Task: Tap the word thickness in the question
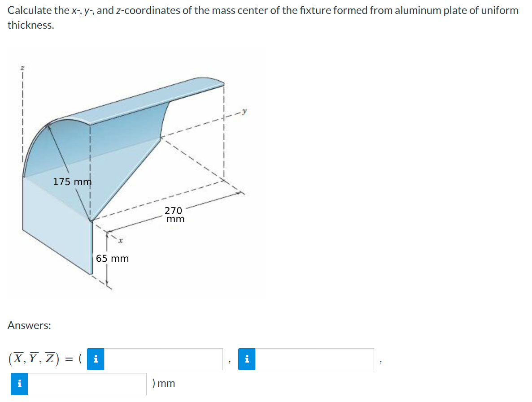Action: coord(30,26)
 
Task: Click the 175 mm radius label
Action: coord(72,182)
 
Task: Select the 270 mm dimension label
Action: coord(174,214)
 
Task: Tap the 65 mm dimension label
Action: coord(112,259)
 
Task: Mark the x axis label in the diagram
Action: coord(120,241)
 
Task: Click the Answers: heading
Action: coord(29,325)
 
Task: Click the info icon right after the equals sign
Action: coord(96,359)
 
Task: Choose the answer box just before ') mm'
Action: coord(87,384)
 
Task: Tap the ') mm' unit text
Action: coord(164,384)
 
